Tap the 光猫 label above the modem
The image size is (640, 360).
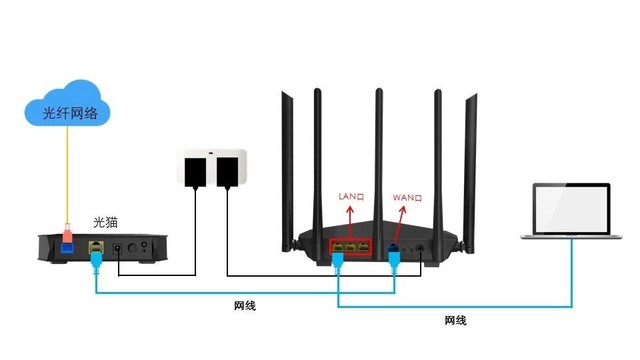point(107,221)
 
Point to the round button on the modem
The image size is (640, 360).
point(143,245)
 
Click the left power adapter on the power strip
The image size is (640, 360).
point(197,169)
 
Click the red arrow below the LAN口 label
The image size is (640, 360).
point(352,218)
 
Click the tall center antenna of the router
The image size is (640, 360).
point(380,150)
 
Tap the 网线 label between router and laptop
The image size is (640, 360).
point(455,320)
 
